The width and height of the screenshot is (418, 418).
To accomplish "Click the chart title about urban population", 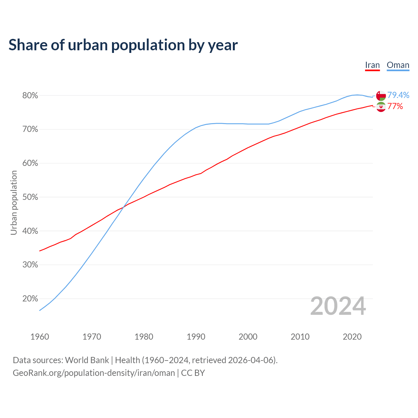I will [123, 45].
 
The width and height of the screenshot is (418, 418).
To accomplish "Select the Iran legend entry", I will [372, 65].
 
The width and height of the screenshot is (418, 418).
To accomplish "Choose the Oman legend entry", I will [398, 65].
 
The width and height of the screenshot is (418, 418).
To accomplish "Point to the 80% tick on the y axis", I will [30, 96].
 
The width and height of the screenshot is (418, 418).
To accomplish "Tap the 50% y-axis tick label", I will [30, 197].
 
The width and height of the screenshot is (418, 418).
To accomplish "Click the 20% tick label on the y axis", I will [30, 299].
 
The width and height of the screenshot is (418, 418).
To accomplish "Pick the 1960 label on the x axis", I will [40, 337].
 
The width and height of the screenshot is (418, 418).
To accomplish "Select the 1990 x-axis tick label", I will [196, 337].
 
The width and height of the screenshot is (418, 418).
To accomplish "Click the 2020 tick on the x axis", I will [352, 337].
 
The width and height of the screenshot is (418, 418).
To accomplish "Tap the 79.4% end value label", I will [398, 95].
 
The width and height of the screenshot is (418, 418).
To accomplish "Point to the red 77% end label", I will [395, 106].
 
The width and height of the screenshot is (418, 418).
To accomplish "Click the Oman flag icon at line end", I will [381, 96].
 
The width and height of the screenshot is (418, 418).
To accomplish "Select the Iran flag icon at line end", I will [381, 107].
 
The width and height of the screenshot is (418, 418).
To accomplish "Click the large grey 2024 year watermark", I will [338, 306].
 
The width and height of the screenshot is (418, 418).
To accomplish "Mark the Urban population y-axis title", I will [14, 202].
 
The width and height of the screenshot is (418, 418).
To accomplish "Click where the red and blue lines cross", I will [123, 206].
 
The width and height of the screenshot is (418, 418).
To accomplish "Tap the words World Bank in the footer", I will [87, 360].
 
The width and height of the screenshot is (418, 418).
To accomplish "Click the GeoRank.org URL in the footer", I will [94, 373].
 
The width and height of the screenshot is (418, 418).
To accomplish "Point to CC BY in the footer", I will [193, 373].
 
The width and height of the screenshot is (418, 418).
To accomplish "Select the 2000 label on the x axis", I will [248, 337].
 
